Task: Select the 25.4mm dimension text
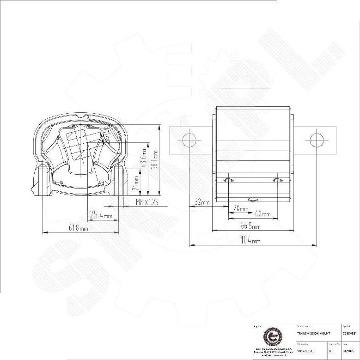(100, 215)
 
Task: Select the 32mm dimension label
(202, 202)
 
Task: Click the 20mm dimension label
(240, 208)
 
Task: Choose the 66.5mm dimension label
(250, 226)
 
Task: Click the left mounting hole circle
(189, 140)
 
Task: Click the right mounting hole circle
(317, 140)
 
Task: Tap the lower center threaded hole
(253, 200)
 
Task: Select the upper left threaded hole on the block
(228, 180)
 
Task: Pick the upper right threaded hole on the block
(277, 180)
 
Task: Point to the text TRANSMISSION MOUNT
(314, 333)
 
